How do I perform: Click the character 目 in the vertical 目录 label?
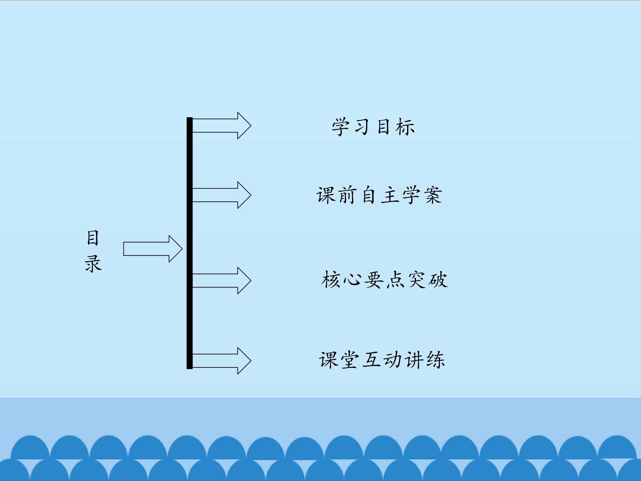93,238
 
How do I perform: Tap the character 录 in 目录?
93,264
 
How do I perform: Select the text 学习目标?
373,127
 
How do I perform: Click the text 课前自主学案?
379,195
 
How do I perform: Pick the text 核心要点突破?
384,280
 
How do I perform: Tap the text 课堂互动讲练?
382,360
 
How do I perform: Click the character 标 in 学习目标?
405,127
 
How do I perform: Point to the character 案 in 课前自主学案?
433,195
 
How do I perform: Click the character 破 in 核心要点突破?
438,280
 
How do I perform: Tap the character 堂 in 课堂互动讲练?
349,360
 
